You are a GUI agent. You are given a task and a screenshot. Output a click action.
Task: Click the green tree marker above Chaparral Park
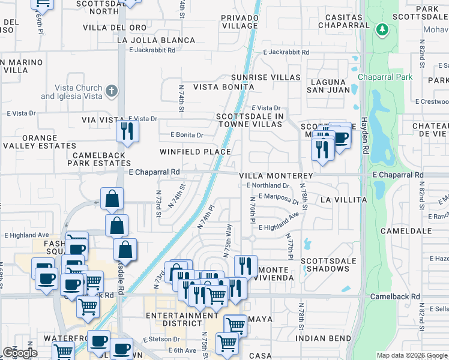point(382,29)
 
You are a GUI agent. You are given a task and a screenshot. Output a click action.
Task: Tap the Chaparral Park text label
point(385,77)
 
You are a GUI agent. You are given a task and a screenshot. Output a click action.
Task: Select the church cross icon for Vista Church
point(110,91)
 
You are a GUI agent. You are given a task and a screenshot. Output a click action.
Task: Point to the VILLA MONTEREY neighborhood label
point(276,175)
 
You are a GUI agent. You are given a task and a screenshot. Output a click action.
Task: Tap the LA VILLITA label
point(343,199)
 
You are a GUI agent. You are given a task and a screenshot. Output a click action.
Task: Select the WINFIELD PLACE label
point(195,152)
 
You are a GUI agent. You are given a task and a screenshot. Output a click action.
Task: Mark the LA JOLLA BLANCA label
point(156,40)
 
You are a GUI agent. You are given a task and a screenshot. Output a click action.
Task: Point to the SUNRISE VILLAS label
point(266,77)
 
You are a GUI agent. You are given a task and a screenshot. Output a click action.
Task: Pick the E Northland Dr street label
point(268,186)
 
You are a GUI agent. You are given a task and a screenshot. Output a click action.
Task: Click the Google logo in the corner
point(20,353)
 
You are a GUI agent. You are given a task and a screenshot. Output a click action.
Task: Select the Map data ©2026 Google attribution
point(412,355)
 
